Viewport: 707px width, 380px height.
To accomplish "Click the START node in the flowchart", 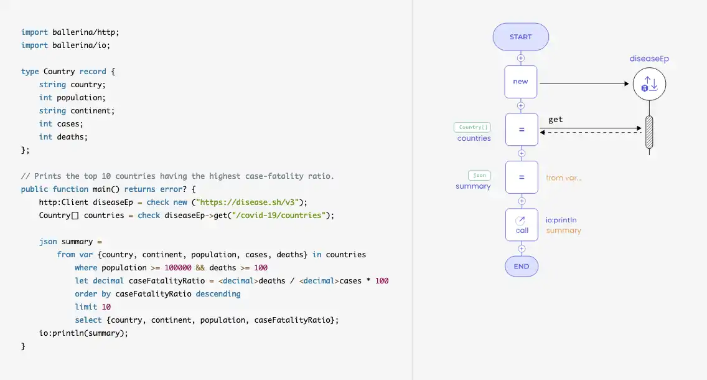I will tap(520, 37).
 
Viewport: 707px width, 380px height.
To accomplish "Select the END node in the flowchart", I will tap(521, 266).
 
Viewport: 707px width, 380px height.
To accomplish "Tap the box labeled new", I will tap(521, 82).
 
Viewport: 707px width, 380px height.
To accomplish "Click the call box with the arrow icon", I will tap(522, 225).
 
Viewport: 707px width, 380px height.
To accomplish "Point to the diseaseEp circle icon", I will tap(649, 84).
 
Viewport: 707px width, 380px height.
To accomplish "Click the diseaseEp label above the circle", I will tap(649, 59).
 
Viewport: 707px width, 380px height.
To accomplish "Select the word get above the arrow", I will tap(556, 120).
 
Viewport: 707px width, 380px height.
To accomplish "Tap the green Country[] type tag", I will tap(472, 128).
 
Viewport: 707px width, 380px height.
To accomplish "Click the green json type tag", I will tap(479, 176).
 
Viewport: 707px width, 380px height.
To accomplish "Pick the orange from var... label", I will tap(563, 178).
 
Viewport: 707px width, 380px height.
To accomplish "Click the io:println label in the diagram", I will tap(561, 220).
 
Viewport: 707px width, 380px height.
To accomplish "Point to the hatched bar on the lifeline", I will tap(649, 132).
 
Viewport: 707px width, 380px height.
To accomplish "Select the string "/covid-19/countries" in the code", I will tap(285, 216).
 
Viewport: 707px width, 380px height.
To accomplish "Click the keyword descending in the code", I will tap(218, 294).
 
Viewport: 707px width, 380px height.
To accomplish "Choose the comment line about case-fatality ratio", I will tap(177, 176).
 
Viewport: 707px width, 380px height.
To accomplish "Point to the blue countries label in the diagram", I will tap(474, 138).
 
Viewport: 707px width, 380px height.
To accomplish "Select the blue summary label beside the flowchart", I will tap(473, 186).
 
